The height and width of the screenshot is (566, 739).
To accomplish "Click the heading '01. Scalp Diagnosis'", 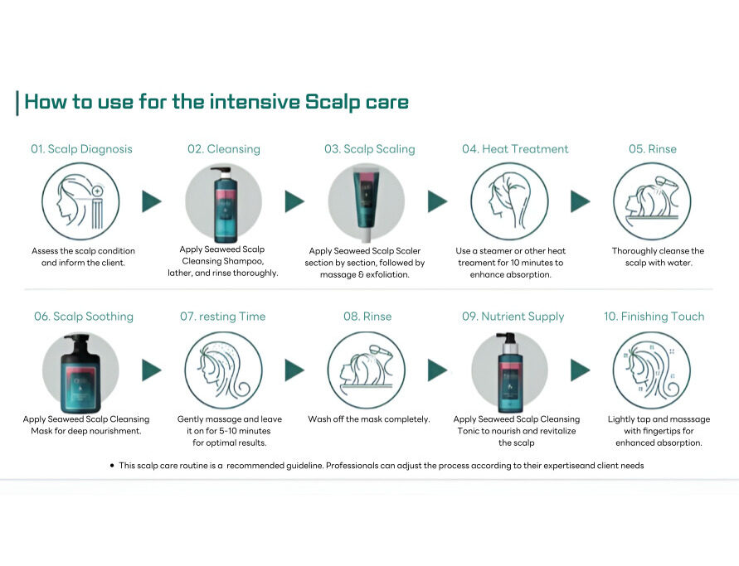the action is [81, 149].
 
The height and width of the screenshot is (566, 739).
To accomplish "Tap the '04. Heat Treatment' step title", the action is [515, 149].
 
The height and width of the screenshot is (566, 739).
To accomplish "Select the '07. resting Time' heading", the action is [222, 317].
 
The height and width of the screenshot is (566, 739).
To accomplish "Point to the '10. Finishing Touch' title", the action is [654, 317].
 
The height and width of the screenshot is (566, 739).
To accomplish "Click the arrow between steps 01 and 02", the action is [152, 201].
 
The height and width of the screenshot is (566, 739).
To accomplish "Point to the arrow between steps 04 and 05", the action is [581, 201].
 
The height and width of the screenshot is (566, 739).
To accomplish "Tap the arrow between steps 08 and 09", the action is [437, 370].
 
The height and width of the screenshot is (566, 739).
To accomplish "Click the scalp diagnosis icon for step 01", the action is [80, 201].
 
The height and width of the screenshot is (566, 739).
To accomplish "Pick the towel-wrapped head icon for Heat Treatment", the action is [509, 201].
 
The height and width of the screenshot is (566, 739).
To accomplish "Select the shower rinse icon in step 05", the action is [652, 201].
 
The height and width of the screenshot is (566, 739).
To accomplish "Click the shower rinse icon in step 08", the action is [367, 370].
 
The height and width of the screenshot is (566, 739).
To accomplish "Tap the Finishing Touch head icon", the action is [652, 370].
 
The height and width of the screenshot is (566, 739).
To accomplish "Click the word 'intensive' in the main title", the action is [255, 102].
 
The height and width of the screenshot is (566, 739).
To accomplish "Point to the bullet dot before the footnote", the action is [112, 466].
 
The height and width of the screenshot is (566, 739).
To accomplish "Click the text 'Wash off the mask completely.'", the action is [368, 419].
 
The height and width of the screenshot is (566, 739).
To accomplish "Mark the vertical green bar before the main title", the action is [17, 103].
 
